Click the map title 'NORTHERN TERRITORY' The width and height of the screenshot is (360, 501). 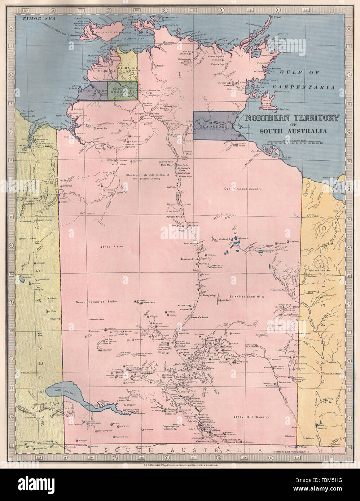pyautogui.click(x=292, y=118)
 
